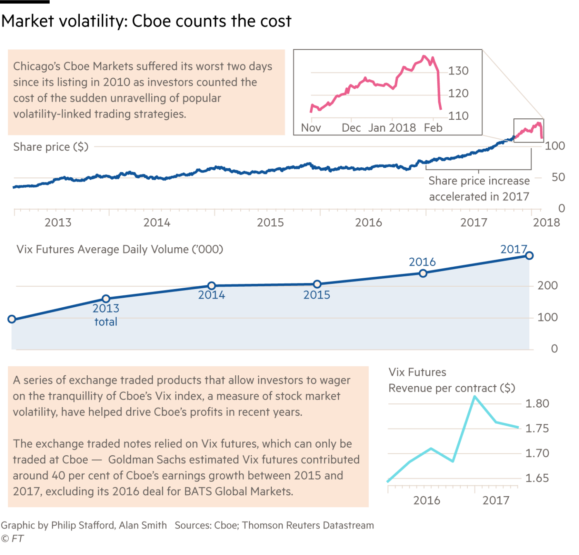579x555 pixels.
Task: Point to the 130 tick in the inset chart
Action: (x=459, y=71)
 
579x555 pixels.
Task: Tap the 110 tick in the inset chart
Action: (x=459, y=116)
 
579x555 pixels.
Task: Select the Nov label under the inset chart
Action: (x=311, y=128)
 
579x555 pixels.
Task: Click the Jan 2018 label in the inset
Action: (x=392, y=128)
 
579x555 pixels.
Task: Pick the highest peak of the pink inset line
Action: (x=424, y=56)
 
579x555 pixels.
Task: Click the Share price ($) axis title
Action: (x=51, y=147)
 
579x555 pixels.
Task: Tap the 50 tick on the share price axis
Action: (x=558, y=177)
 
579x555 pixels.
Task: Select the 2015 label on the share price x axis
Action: (x=270, y=223)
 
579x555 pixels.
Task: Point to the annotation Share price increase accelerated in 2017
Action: (x=479, y=189)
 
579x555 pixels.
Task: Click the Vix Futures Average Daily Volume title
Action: (x=120, y=249)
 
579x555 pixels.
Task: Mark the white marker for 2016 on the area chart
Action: (x=423, y=273)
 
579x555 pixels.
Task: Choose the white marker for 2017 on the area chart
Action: (x=529, y=256)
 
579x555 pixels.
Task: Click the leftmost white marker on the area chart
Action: (x=12, y=319)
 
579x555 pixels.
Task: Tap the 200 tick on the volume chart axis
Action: (x=548, y=285)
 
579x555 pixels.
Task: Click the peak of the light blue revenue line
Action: (x=475, y=396)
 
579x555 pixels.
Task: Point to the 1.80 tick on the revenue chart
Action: (x=537, y=404)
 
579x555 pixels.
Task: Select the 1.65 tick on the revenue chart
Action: (x=537, y=479)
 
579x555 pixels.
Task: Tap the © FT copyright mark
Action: (x=12, y=539)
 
